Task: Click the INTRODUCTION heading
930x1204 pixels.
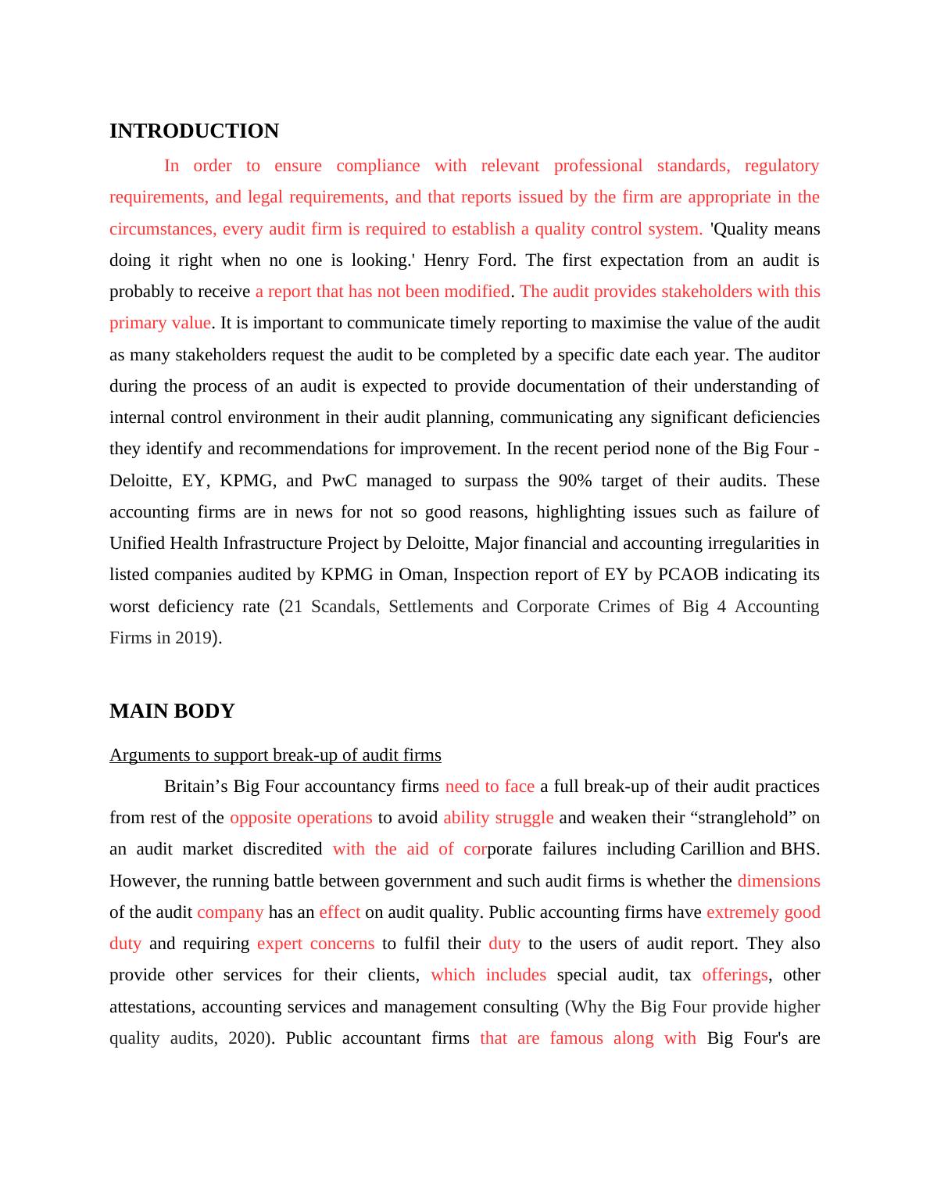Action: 194,131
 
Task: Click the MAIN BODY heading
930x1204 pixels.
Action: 172,711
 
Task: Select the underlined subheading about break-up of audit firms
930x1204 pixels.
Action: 275,755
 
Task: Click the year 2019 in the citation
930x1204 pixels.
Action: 193,638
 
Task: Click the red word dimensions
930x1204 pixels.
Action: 778,881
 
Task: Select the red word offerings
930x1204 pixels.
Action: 735,975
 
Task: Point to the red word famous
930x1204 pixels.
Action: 576,1038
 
